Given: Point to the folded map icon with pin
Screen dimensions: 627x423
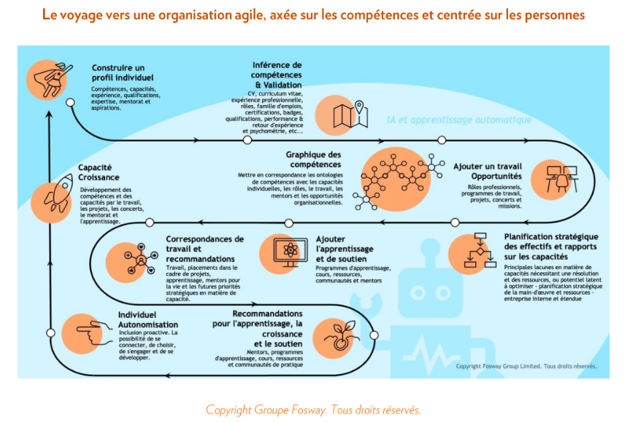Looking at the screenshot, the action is pyautogui.click(x=349, y=115).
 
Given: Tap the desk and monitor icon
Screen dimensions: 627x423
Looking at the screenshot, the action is pyautogui.click(x=561, y=178).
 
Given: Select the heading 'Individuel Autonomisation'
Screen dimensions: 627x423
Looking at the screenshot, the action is pyautogui.click(x=148, y=319).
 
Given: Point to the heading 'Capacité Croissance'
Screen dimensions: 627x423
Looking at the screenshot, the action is pyautogui.click(x=99, y=171).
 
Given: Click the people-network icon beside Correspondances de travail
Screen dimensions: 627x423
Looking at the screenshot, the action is pyautogui.click(x=139, y=260).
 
